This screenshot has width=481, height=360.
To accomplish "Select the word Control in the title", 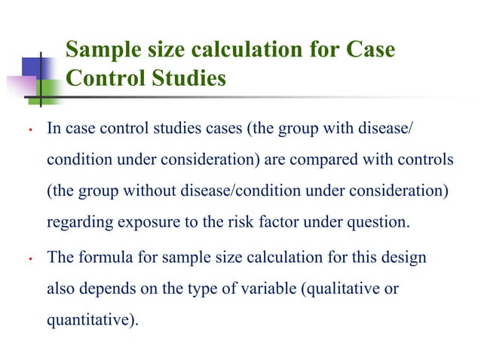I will pyautogui.click(x=102, y=78).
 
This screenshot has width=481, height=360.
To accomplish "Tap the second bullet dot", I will pyautogui.click(x=26, y=260).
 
